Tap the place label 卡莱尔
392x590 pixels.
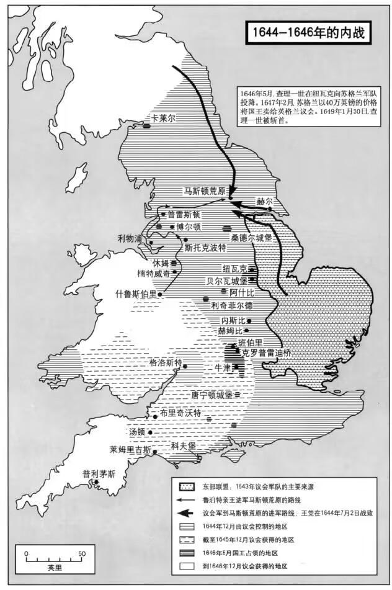tap(161, 117)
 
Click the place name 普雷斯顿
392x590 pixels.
tap(184, 215)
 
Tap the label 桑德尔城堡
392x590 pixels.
tap(252, 238)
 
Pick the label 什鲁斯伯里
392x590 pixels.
tap(135, 293)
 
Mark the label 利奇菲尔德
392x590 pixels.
tap(232, 305)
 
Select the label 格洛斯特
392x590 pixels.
tap(166, 362)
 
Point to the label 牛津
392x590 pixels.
tap(222, 368)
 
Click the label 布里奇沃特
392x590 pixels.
tap(180, 413)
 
